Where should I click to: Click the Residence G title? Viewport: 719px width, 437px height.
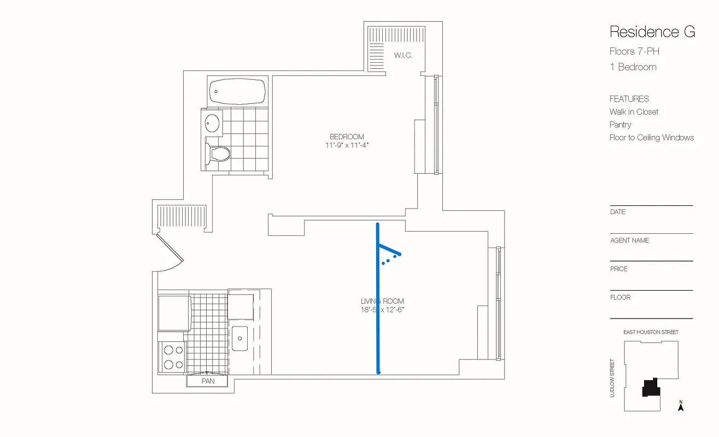click(x=652, y=32)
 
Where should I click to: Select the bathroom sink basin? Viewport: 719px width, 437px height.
click(x=212, y=122)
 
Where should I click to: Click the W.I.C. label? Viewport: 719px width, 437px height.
click(x=403, y=55)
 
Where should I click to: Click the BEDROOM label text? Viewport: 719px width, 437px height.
click(x=347, y=137)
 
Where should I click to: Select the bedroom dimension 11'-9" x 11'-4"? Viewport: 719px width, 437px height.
click(x=347, y=145)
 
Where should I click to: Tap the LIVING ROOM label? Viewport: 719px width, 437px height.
click(x=382, y=301)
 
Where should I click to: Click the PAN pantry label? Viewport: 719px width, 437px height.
click(x=208, y=381)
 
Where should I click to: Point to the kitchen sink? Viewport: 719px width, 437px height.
click(x=239, y=338)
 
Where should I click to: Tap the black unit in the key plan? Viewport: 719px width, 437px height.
click(x=651, y=388)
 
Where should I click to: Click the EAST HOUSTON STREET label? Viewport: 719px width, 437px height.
click(x=651, y=332)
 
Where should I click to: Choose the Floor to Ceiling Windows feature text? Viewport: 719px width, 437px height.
click(x=651, y=138)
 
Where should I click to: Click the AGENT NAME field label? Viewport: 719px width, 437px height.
click(x=629, y=240)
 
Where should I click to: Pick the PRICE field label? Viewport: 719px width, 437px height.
click(x=619, y=269)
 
